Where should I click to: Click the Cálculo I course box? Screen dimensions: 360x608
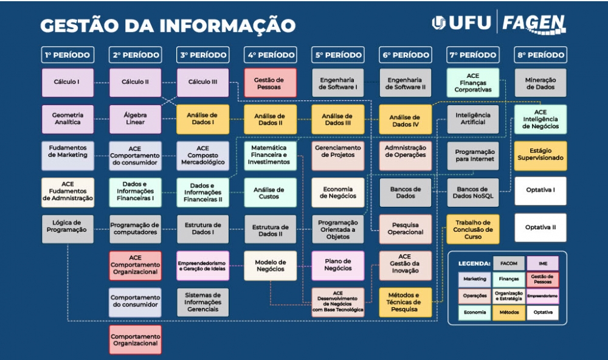click(67, 82)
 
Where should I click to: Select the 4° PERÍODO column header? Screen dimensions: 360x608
click(270, 55)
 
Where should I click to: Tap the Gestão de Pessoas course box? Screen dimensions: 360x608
click(270, 82)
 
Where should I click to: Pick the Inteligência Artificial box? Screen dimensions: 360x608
click(472, 118)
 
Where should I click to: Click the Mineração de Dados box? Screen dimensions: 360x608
click(540, 82)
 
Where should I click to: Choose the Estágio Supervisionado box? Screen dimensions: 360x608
click(540, 154)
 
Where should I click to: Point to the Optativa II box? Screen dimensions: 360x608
click(540, 227)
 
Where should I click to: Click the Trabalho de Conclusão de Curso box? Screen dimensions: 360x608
click(472, 228)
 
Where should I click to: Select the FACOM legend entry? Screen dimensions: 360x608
click(509, 263)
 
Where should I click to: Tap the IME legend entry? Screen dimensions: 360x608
click(542, 263)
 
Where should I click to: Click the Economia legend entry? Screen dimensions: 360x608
click(475, 312)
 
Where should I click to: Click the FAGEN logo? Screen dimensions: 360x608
click(534, 23)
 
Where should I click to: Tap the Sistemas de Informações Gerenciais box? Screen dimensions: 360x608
click(202, 302)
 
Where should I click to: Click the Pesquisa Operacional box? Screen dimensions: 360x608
click(405, 228)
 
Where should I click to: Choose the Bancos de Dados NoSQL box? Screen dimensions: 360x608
click(472, 192)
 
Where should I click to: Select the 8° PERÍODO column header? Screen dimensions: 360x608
click(540, 55)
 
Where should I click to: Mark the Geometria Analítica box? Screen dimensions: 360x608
click(67, 118)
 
